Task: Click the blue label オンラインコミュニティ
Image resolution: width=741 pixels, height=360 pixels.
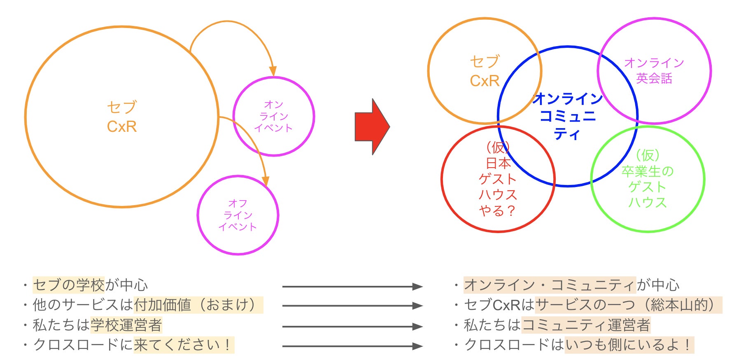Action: (568, 116)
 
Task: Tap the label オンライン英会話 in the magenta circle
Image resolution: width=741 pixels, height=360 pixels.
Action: (654, 70)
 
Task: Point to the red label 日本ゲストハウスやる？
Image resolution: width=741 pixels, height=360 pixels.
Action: (498, 179)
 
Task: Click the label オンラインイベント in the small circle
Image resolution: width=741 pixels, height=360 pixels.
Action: (274, 117)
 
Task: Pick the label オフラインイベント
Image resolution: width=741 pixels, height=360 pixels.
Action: (238, 215)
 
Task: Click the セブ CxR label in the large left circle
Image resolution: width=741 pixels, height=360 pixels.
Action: (122, 117)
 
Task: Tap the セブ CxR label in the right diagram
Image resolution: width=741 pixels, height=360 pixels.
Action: (485, 71)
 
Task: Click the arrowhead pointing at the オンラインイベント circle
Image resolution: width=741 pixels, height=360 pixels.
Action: (272, 71)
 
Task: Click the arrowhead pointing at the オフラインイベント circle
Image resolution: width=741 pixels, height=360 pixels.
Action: (266, 181)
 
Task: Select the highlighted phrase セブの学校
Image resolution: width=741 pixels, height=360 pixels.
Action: (69, 285)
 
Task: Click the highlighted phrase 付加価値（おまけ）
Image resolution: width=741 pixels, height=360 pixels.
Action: (198, 305)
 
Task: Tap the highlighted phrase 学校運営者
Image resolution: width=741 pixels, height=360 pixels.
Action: (126, 325)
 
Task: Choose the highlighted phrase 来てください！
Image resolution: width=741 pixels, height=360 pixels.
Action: (184, 345)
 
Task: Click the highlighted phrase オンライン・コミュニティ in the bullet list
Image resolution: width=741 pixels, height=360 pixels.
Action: (550, 285)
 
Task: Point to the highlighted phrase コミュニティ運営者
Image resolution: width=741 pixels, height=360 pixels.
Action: (586, 325)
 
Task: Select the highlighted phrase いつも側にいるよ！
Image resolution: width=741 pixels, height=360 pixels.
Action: (629, 345)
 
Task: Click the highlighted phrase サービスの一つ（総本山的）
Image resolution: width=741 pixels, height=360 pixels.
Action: (628, 305)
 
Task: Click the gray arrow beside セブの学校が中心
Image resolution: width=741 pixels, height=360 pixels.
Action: (352, 286)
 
